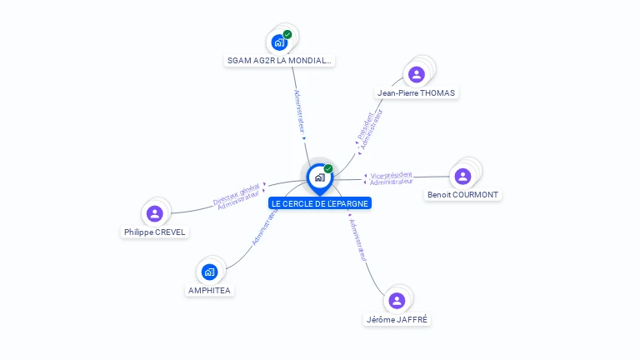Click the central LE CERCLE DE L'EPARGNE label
pos(319,203)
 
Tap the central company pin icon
pos(319,177)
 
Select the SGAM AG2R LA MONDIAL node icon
pos(279,42)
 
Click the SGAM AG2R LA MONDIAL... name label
pos(280,61)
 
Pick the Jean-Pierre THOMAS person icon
pos(417,74)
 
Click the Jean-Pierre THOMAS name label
pos(416,93)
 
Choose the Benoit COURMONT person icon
pos(462,176)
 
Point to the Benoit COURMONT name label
pos(462,195)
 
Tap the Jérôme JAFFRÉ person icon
pos(397,300)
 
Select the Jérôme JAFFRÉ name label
pos(398,319)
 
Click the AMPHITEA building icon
pos(209,272)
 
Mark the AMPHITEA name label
pos(209,291)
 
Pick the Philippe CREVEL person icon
pos(154,213)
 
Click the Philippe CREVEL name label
pos(155,232)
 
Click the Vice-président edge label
pos(390,175)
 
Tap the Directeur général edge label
pos(236,194)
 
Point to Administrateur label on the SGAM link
pos(300,111)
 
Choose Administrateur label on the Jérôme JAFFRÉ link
pos(357,239)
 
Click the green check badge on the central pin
pos(328,169)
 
